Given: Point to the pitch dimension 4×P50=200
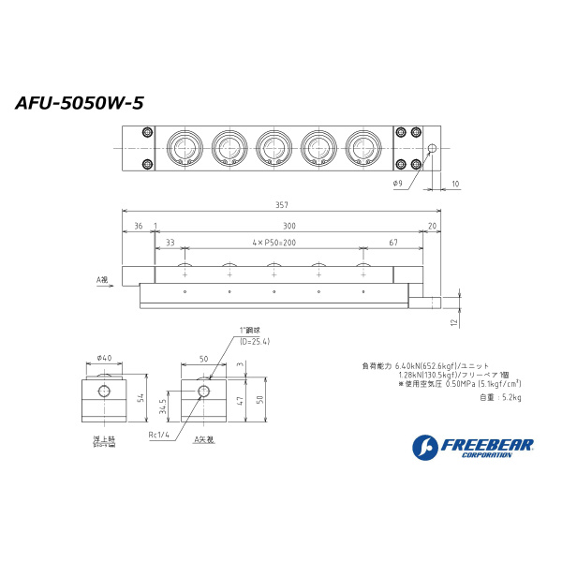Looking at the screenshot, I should click(x=274, y=243).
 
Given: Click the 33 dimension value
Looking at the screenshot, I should click(x=170, y=243).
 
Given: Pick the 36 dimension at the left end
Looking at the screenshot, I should click(x=138, y=226).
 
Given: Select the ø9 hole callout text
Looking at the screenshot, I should click(x=397, y=183).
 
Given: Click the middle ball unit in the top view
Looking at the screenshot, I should click(x=273, y=148).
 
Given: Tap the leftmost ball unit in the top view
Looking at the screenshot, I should click(x=183, y=148).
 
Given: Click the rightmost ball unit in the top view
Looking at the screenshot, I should click(x=362, y=148).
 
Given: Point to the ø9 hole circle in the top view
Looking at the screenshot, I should click(x=432, y=149).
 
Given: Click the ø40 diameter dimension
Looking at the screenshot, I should click(x=103, y=357).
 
